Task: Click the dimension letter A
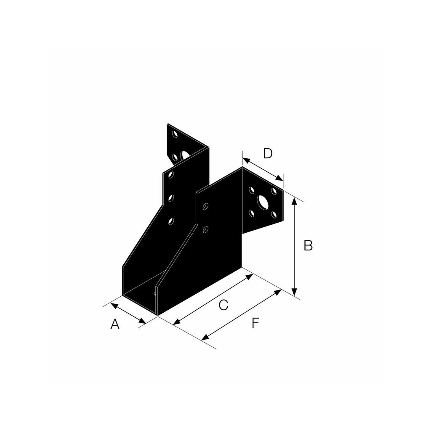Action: pos(115,325)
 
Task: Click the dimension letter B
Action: pos(308,245)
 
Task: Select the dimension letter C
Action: pos(223,305)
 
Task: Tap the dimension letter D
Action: pos(268,153)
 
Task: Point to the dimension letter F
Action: pos(255,323)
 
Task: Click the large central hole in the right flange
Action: pos(263,202)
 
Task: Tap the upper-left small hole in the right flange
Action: pos(251,190)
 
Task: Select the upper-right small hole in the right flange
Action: pos(274,192)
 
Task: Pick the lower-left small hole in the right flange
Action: pos(251,213)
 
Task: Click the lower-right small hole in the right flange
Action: pos(274,215)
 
